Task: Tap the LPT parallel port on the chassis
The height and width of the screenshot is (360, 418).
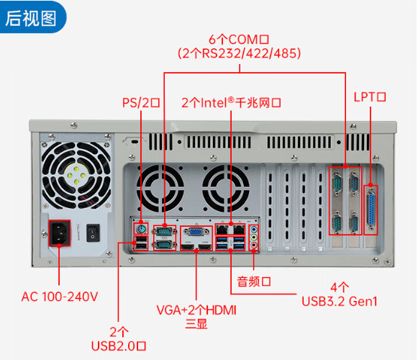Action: [x=371, y=209]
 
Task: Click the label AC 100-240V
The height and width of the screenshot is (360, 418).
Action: [x=59, y=296]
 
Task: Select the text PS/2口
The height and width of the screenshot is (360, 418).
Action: [x=141, y=102]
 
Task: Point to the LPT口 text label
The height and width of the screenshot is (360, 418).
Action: [x=371, y=96]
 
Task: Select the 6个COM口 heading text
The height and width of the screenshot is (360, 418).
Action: [x=239, y=38]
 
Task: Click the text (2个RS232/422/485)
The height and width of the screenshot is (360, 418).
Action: [x=239, y=53]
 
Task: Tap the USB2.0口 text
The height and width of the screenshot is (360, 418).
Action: [x=119, y=346]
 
